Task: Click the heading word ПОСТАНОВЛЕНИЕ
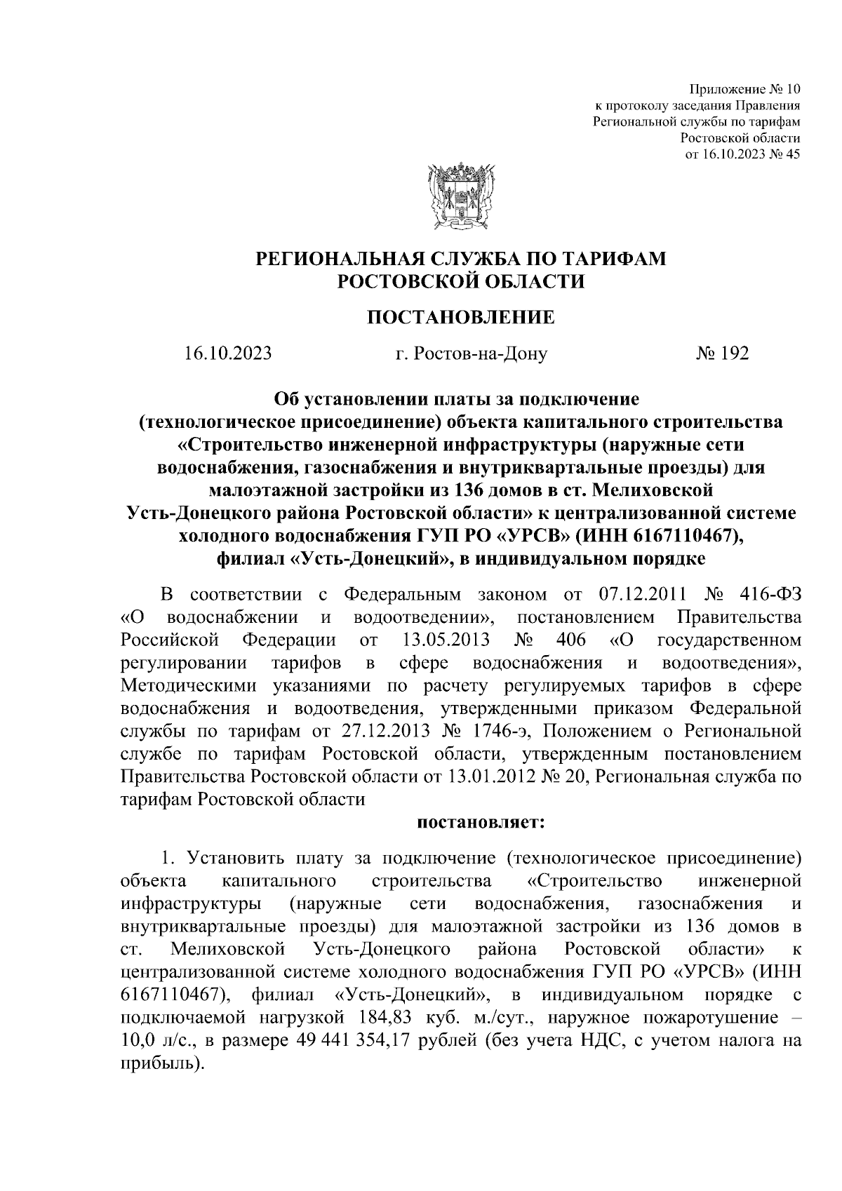(x=461, y=318)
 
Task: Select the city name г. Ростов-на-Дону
(x=471, y=353)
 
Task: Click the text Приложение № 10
(x=745, y=90)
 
